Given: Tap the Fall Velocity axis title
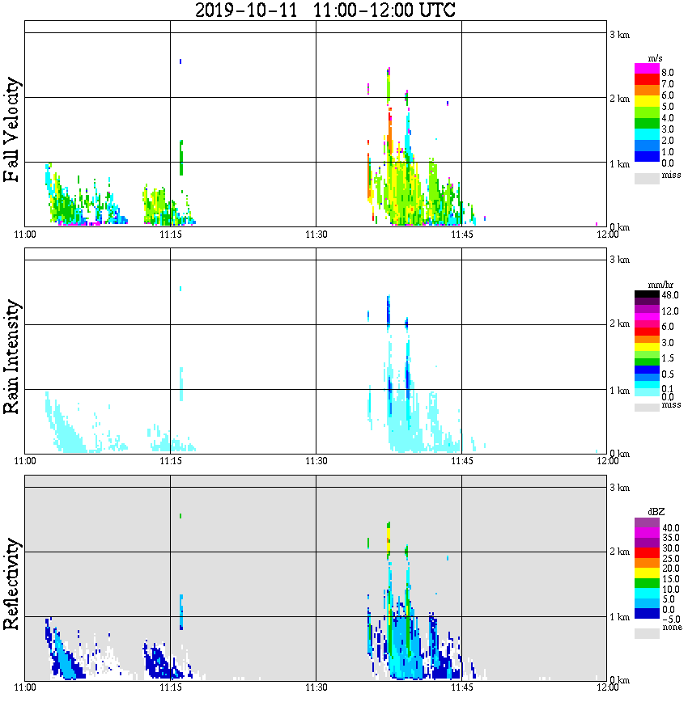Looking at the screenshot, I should (12, 130).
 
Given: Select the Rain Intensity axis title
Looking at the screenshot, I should (12, 357).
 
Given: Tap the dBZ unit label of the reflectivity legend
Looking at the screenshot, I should (657, 512).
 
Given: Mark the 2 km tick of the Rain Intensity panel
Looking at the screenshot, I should (619, 324).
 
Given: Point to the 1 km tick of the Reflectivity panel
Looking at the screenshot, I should (619, 617).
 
